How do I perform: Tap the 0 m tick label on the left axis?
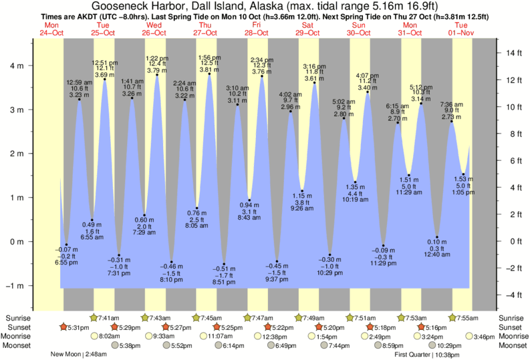(20, 242)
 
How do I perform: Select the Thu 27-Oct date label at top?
(205, 29)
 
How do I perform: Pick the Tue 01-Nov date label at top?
(460, 29)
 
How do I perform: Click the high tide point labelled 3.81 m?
(209, 73)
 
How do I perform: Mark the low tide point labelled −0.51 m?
(224, 264)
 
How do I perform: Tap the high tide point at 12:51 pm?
(105, 79)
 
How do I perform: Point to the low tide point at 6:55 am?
(92, 220)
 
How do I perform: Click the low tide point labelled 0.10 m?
(437, 238)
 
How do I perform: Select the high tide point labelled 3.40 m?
(368, 92)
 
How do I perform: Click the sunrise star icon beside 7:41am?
(94, 317)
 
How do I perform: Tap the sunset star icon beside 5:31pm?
(63, 327)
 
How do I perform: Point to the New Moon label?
(65, 355)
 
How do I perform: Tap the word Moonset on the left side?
(19, 346)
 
